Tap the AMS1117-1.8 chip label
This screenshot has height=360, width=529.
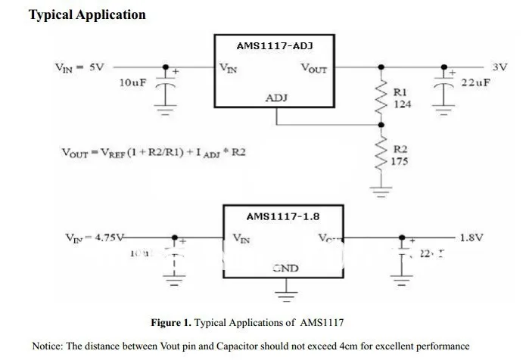pyautogui.click(x=282, y=216)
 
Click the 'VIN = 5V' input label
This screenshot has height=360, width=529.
pyautogui.click(x=79, y=67)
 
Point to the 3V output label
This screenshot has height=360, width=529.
pyautogui.click(x=499, y=67)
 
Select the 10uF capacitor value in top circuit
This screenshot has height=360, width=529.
pyautogui.click(x=132, y=82)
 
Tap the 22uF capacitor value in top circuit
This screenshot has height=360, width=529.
pyautogui.click(x=475, y=82)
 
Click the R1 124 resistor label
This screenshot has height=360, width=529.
pyautogui.click(x=402, y=98)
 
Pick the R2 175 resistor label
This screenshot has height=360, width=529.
pyautogui.click(x=402, y=155)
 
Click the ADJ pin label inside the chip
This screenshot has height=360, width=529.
pyautogui.click(x=276, y=98)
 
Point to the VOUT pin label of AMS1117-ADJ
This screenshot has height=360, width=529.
pyautogui.click(x=314, y=68)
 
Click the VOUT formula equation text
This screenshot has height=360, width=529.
pyautogui.click(x=153, y=152)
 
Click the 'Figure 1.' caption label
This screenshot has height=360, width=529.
pyautogui.click(x=171, y=323)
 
